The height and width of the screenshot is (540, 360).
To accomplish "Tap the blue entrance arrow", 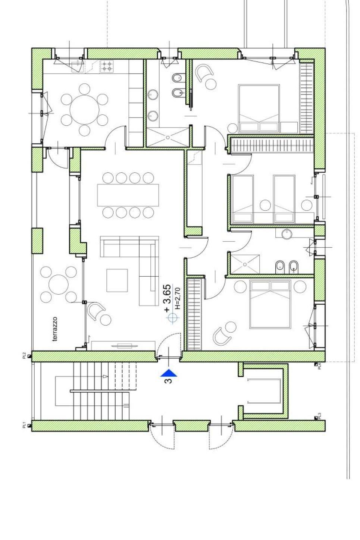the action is [169, 373].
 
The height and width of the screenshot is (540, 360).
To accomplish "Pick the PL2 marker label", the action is [24, 355].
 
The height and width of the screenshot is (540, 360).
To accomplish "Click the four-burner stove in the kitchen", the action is [107, 66].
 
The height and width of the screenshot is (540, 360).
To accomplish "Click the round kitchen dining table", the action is [84, 110].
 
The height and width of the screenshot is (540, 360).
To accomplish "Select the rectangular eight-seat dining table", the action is [128, 195].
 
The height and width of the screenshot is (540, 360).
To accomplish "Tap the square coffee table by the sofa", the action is [117, 280].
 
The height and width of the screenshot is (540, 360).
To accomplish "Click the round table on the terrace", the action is [59, 285].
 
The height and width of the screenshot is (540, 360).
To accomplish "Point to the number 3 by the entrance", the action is [169, 381].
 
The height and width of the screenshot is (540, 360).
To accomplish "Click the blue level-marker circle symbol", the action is [173, 318].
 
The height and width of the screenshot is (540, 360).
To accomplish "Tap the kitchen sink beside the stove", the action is [77, 66].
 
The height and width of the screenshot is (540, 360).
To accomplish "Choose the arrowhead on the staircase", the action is [105, 376].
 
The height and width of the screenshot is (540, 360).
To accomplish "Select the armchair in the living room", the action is [96, 311].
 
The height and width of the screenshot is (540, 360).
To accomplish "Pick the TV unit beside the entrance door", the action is [123, 346].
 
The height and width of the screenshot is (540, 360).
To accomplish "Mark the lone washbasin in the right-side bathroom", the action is [287, 234].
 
